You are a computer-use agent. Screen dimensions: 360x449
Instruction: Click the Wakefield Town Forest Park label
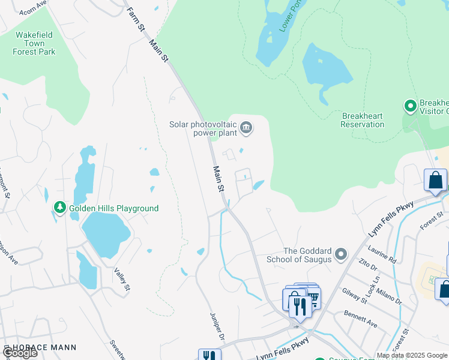34,43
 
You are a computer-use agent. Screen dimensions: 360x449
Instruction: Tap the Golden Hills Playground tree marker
59,208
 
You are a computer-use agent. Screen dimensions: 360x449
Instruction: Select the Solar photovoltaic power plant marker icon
246,127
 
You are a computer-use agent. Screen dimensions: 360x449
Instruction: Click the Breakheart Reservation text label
362,120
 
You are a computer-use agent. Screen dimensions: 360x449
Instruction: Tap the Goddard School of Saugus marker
341,254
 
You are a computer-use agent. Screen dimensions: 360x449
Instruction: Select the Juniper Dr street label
217,324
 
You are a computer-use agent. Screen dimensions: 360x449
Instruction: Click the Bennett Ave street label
360,319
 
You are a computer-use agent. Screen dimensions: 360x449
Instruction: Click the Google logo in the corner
20,353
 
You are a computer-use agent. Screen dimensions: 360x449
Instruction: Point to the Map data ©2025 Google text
412,355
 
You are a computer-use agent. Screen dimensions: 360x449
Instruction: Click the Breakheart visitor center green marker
411,106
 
